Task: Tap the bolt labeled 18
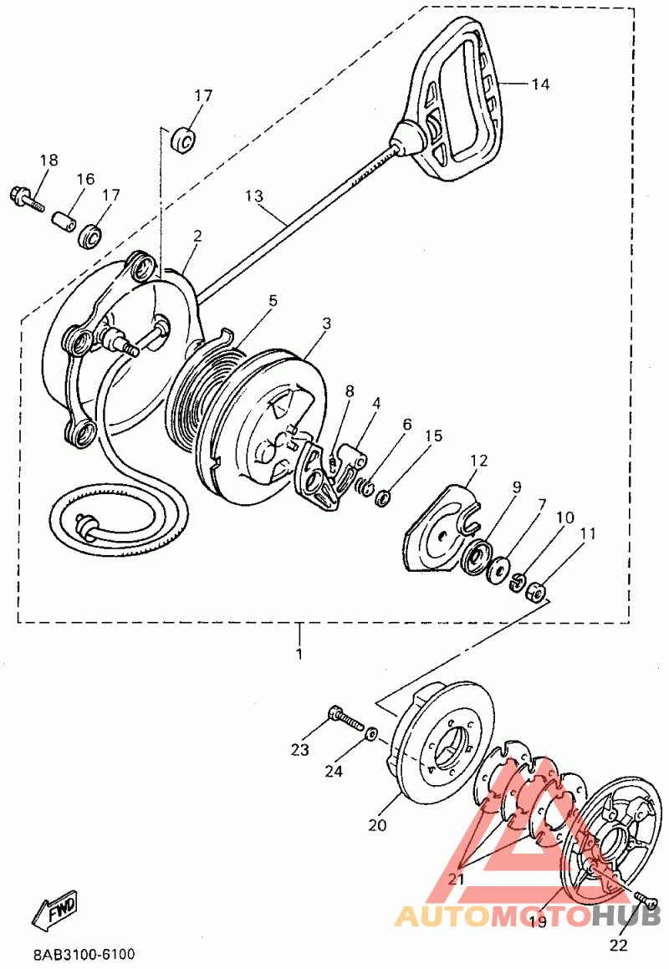[26, 198]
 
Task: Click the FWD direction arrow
[55, 910]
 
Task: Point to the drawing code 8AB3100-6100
[84, 955]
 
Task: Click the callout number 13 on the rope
[254, 196]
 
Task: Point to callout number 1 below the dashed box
[299, 653]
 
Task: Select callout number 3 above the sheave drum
[326, 323]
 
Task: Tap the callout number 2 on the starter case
[197, 237]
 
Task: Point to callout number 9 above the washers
[517, 487]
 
